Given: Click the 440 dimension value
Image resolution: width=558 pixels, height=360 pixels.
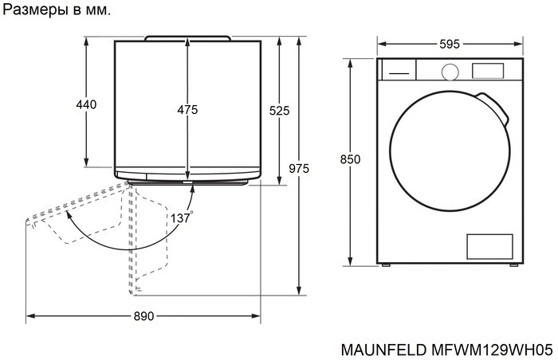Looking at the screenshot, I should tap(86, 105).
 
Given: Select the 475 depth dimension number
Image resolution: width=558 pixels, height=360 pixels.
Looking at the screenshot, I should tap(187, 110).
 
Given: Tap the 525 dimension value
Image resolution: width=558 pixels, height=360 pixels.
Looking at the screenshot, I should tap(279, 111).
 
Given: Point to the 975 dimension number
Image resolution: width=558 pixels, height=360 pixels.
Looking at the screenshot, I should tap(298, 168).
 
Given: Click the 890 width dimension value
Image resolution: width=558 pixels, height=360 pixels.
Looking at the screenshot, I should tap(143, 317).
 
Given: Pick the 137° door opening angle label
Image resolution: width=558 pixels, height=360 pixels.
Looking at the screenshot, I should tap(181, 217).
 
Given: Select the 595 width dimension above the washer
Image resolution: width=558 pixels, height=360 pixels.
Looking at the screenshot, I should tap(449, 45).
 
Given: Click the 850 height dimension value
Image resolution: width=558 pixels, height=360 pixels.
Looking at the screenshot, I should tap(351, 159).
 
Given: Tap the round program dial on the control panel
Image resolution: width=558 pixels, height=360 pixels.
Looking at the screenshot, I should tap(450, 70).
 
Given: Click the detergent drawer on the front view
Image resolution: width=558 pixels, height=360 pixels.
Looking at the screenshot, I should tap(398, 70).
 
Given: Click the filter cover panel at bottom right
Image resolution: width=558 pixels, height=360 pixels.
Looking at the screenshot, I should tap(487, 246).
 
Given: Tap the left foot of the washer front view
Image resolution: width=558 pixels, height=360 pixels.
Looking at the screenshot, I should tap(386, 264).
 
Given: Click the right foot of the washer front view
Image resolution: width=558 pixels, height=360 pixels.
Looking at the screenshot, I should tap(513, 264).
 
